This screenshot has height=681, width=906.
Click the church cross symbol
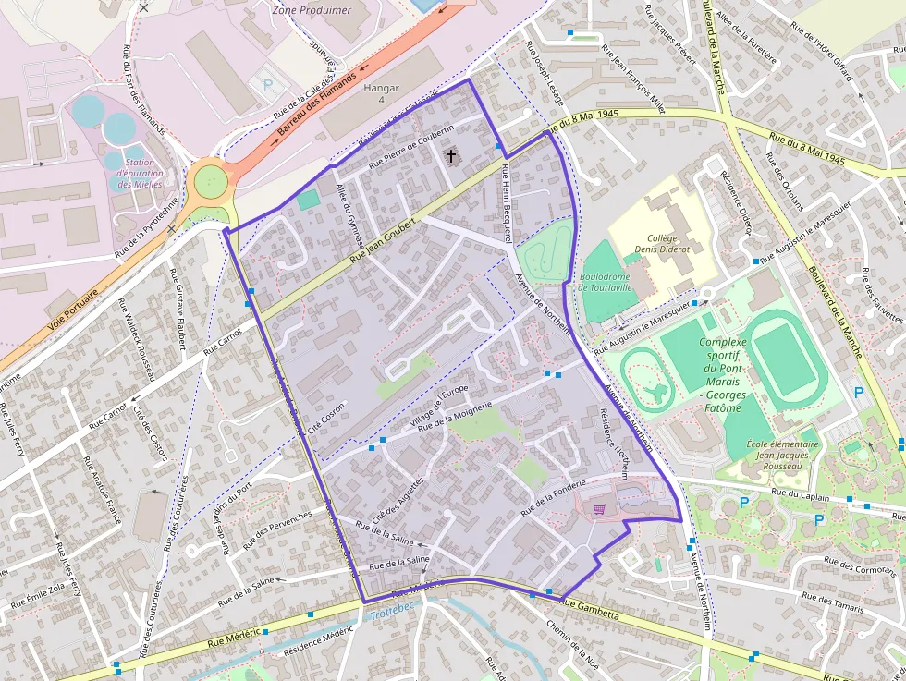coord(451,155)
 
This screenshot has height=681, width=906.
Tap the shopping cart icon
coord(599,508)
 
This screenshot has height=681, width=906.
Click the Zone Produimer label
coord(312,10)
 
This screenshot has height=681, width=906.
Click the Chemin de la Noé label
coord(572,645)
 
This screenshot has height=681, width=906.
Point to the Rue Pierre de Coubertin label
coord(411,146)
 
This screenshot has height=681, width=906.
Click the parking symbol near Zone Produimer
coord(268,83)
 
